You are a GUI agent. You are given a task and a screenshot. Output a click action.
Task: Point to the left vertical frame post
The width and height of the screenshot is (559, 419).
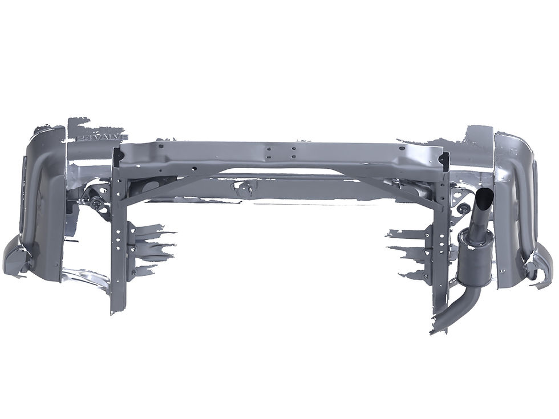118,239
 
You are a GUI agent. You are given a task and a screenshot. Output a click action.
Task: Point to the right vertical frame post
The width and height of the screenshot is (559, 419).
440,245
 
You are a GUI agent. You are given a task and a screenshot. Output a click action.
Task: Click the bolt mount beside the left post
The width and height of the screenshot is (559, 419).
94,202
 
